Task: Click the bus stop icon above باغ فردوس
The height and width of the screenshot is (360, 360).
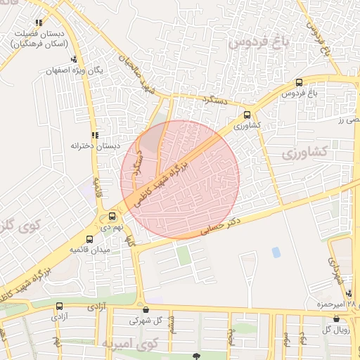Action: point(300,82)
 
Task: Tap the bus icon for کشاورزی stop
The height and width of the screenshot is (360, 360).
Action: point(247,115)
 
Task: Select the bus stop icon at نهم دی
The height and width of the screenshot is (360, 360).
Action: point(112,216)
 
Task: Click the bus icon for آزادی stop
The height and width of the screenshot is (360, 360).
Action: point(59,307)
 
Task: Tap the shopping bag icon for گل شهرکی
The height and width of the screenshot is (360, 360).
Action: point(146,309)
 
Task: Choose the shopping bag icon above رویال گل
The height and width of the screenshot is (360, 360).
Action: point(336,319)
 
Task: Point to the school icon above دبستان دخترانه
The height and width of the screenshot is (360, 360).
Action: point(95,135)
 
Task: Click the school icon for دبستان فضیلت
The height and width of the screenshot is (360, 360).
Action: point(39,23)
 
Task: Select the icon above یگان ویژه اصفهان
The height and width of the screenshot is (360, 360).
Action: point(74,60)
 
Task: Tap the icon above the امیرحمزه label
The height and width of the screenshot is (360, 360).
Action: point(349,294)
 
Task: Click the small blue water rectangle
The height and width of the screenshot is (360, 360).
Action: point(276,252)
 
